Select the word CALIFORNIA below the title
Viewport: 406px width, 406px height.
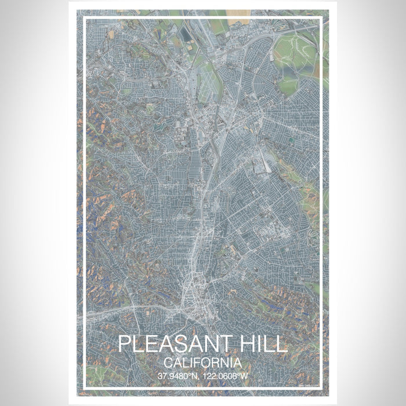[x=202, y=362]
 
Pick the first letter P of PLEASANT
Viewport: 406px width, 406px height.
[x=124, y=344]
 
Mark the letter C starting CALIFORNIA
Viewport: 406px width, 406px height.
[x=168, y=362]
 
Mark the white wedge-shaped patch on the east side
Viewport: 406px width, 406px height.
[x=265, y=165]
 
